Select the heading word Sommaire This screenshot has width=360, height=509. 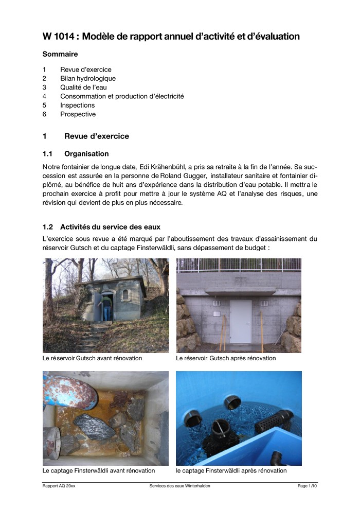pyautogui.click(x=60, y=54)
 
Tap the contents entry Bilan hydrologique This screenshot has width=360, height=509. pyautogui.click(x=88, y=78)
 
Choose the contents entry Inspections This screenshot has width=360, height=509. pyautogui.click(x=77, y=105)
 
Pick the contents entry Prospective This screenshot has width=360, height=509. pyautogui.click(x=78, y=114)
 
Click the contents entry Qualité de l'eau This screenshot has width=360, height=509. pyautogui.click(x=84, y=87)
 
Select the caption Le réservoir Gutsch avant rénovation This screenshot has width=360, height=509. pyautogui.click(x=93, y=358)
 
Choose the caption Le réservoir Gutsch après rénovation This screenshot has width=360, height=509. pyautogui.click(x=225, y=358)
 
